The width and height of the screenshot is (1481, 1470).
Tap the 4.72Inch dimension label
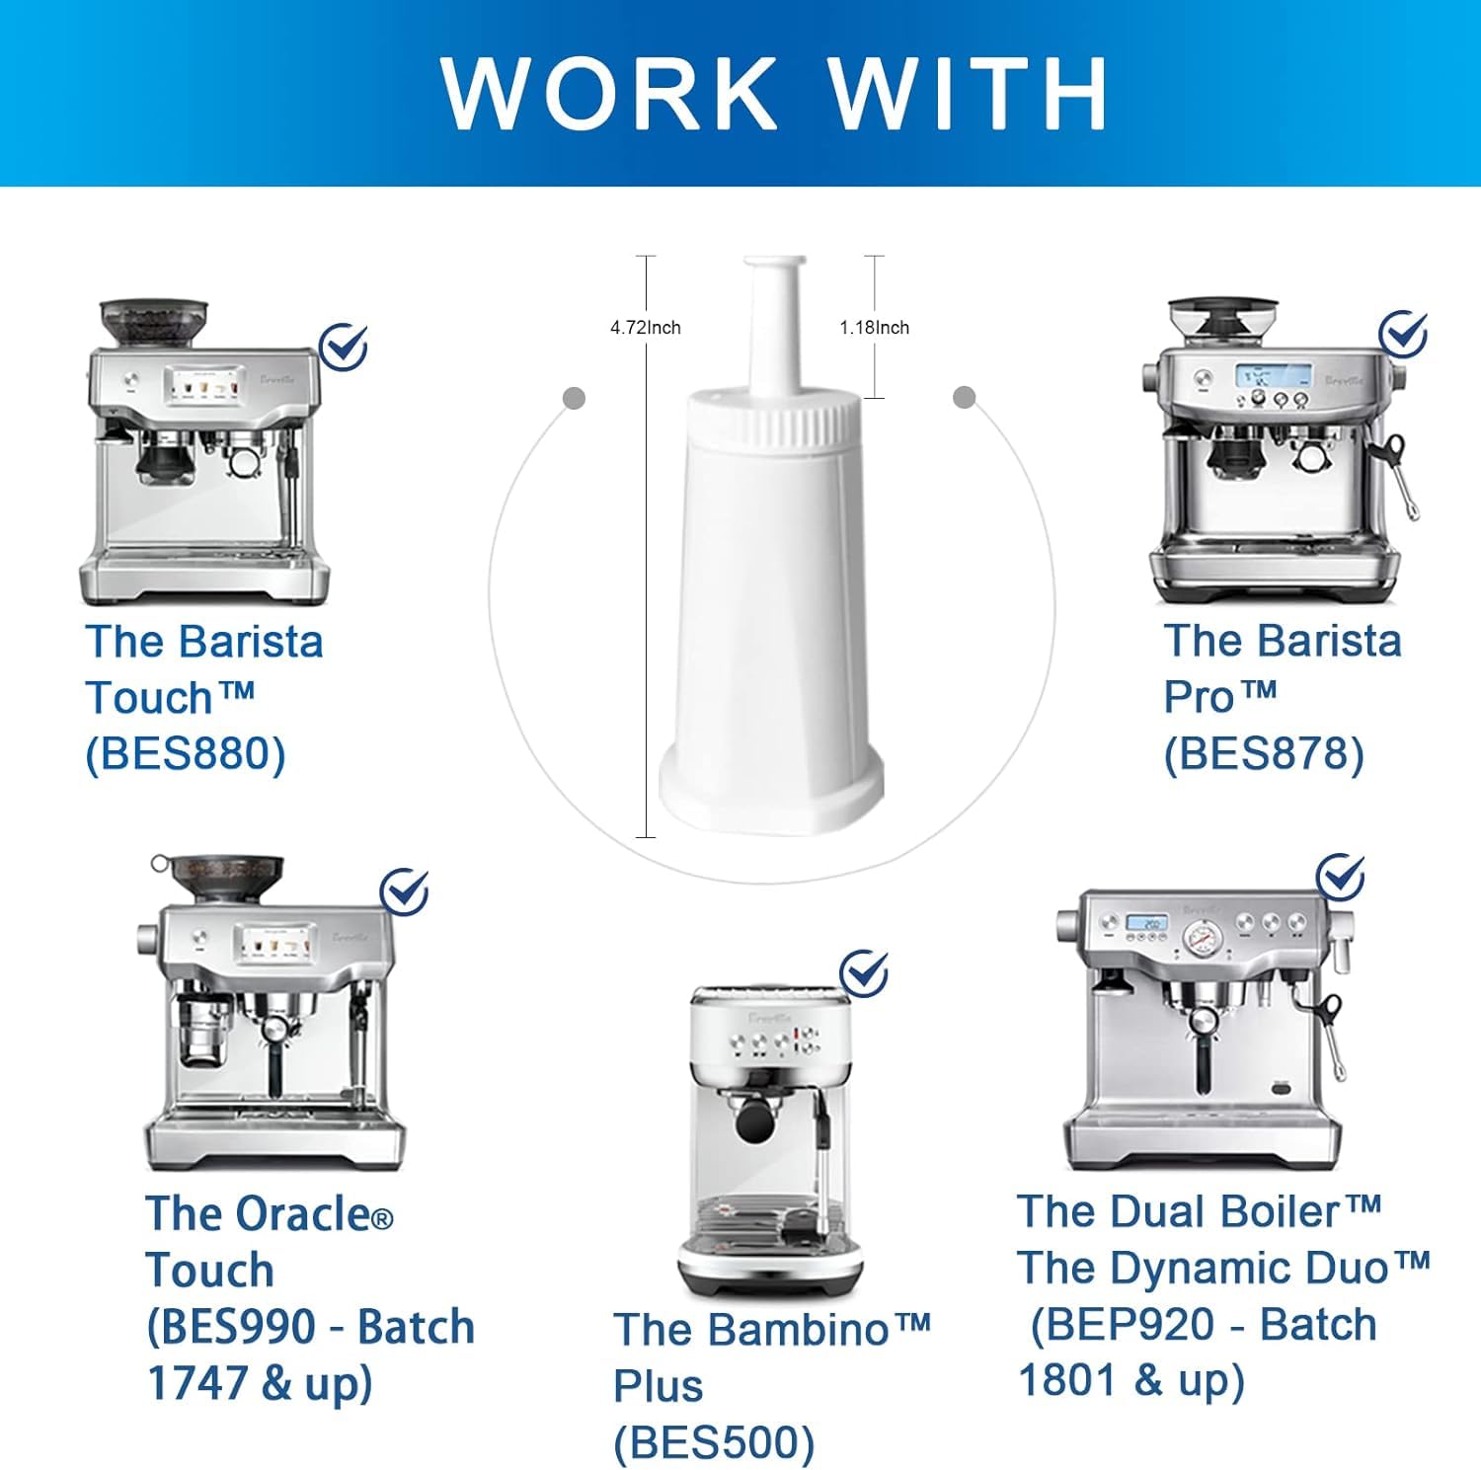(x=646, y=328)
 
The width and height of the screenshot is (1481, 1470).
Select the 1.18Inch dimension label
(x=875, y=328)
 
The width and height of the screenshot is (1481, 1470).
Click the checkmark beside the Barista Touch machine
(x=345, y=347)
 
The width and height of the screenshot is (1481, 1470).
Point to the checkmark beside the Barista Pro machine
(x=1403, y=334)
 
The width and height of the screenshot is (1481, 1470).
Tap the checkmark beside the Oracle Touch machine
(x=406, y=891)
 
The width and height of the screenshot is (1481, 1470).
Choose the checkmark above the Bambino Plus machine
(x=865, y=973)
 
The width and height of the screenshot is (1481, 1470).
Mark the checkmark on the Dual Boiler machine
(x=1341, y=877)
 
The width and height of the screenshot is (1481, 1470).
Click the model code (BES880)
(x=186, y=755)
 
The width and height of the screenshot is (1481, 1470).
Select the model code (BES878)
(x=1264, y=755)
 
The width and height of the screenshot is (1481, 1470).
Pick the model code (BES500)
(x=714, y=1442)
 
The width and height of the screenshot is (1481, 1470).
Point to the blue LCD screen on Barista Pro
(x=1274, y=376)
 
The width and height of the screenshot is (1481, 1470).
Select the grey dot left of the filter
(x=574, y=398)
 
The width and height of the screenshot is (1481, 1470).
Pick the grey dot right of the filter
(x=965, y=397)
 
